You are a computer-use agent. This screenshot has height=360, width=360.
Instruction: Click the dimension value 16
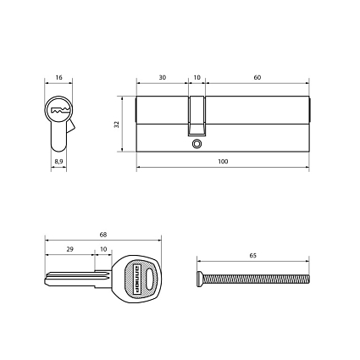point(58,77)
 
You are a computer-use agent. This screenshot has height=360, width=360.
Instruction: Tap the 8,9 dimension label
point(58,159)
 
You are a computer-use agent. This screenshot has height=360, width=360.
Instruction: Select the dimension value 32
point(116,124)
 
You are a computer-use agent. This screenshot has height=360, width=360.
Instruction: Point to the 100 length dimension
point(223,160)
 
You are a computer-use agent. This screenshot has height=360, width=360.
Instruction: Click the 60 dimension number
point(257,77)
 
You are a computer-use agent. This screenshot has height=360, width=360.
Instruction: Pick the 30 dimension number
point(162,77)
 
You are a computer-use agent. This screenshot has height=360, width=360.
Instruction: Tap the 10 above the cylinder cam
point(197,77)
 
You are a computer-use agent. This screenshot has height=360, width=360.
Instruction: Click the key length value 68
point(102,234)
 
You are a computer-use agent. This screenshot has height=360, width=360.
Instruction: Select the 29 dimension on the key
point(69,249)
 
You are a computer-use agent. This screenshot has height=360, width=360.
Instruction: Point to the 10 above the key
point(103,249)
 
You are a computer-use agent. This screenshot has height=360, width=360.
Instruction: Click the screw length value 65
point(253,255)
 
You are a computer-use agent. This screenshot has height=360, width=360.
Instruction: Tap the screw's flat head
point(199,278)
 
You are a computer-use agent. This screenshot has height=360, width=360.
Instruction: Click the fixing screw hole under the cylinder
point(197,144)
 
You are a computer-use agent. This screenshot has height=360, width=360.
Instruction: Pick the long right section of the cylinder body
point(258,124)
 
